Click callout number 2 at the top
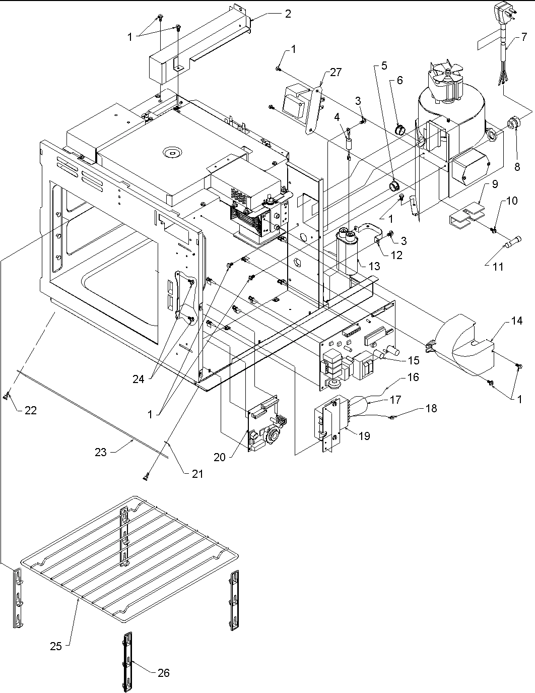[287, 14]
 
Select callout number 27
[336, 73]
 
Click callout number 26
[163, 672]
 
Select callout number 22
[30, 410]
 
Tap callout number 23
[101, 452]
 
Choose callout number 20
[219, 457]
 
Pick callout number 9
[495, 184]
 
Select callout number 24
[139, 380]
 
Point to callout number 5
[384, 65]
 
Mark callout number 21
[197, 474]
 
